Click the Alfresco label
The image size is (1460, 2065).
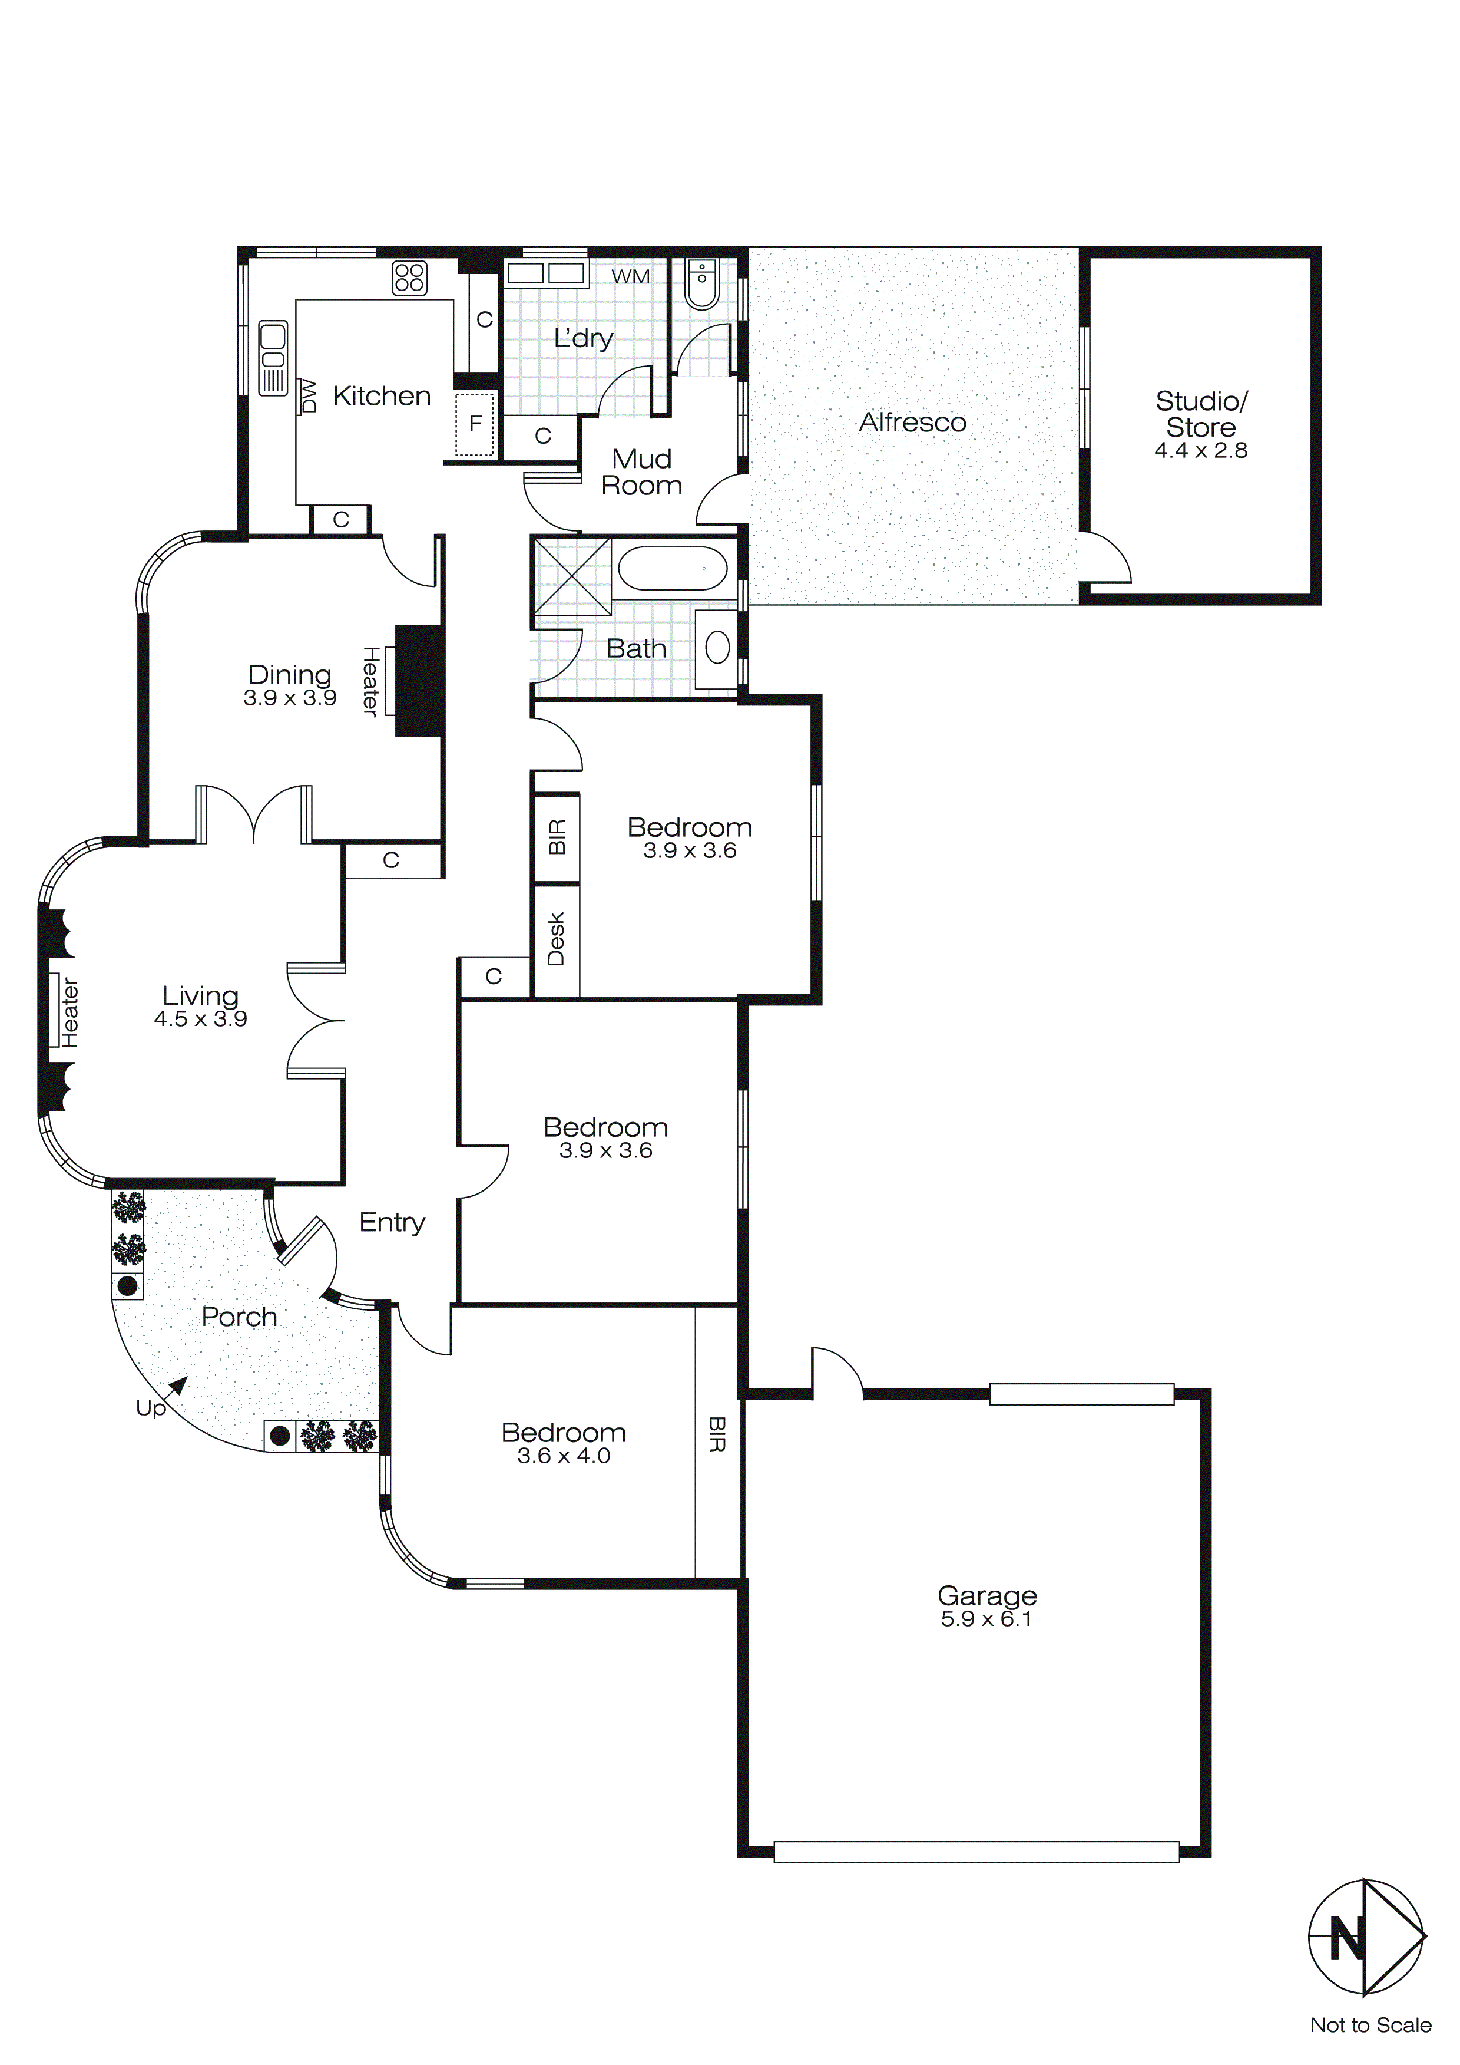[x=912, y=422]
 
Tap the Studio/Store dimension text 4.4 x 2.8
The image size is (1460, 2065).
[x=1200, y=451]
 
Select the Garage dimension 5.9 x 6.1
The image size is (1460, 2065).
[x=986, y=1619]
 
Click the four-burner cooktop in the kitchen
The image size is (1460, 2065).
[x=409, y=278]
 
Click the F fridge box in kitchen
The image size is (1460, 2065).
[x=476, y=424]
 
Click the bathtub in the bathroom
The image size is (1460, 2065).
[x=671, y=569]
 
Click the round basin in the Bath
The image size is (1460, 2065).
[x=717, y=648]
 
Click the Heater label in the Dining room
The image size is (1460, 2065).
[x=369, y=681]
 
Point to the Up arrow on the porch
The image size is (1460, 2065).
[x=177, y=1386]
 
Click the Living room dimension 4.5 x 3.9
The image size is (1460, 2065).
[x=200, y=1019]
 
